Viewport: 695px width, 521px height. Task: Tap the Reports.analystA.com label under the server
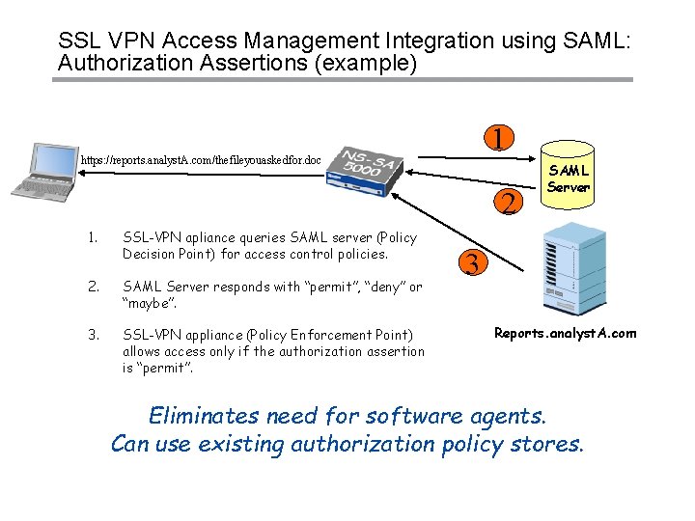[x=565, y=334]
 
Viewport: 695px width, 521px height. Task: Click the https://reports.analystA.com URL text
[x=201, y=159]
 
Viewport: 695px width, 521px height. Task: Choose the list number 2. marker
[x=92, y=287]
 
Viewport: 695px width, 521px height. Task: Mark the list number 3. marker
[x=92, y=335]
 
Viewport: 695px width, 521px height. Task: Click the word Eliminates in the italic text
[x=203, y=416]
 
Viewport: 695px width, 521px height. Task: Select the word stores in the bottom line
[x=549, y=444]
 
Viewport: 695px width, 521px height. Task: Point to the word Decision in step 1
[x=151, y=255]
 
